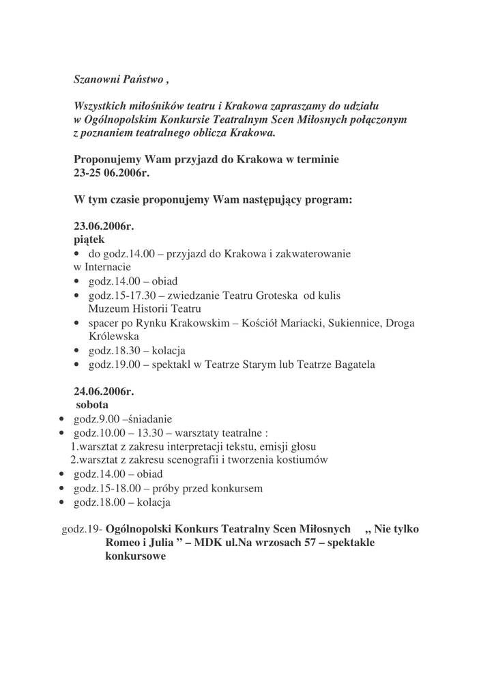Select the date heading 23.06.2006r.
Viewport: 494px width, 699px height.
tap(104, 227)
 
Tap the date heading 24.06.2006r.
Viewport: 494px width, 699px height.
tap(104, 392)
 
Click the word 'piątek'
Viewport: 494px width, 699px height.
tap(89, 240)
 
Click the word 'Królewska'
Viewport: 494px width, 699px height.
tap(114, 337)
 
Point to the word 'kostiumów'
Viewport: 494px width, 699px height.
tap(304, 460)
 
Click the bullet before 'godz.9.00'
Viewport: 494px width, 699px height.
tap(63, 419)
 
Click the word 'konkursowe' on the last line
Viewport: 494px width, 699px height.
tap(135, 556)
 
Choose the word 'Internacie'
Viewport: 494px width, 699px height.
tap(107, 267)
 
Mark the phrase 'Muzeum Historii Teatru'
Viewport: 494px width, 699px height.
tap(145, 309)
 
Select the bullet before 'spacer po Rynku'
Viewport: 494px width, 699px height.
tap(77, 324)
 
